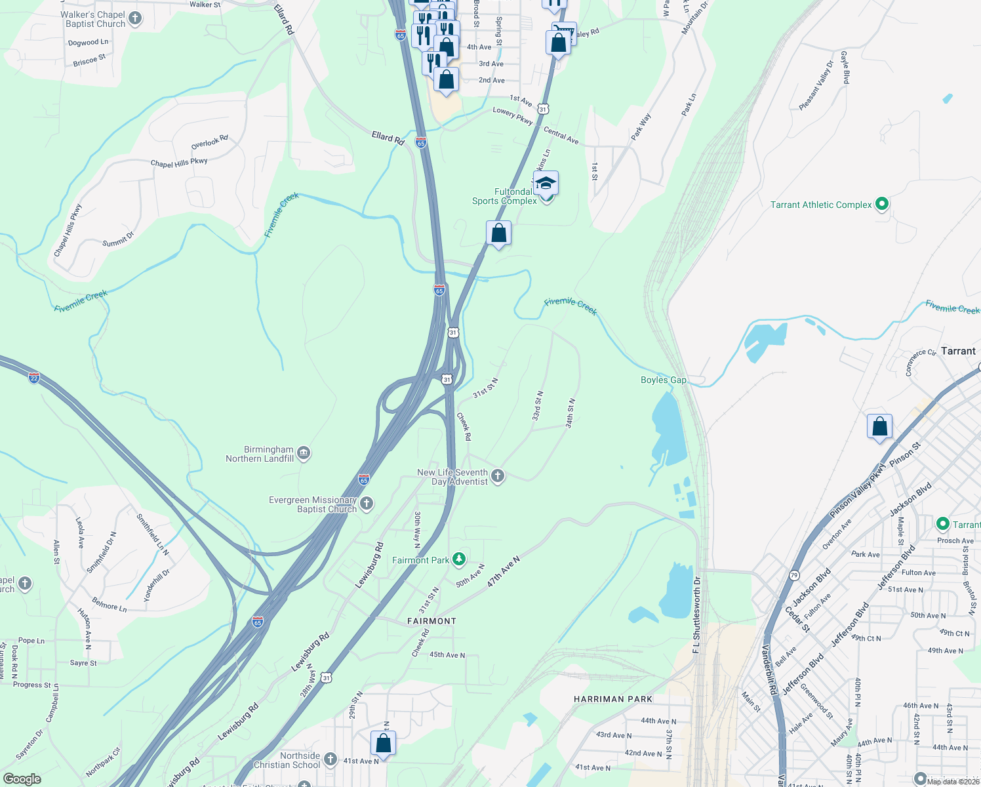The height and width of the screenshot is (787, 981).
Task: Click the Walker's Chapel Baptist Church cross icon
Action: (x=135, y=18)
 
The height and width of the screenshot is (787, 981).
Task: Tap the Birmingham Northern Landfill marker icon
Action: (x=303, y=453)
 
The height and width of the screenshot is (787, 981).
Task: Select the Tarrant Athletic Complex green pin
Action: (x=882, y=204)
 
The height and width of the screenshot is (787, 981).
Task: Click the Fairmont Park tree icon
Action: (x=460, y=559)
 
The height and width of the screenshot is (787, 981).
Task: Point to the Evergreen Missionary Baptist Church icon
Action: (x=367, y=504)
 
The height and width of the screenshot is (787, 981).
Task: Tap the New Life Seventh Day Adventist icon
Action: (x=498, y=476)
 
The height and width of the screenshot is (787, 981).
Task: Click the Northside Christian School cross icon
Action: (x=330, y=759)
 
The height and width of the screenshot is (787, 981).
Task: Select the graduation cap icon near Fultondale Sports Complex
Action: (x=546, y=184)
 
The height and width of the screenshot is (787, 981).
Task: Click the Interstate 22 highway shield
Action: (x=34, y=378)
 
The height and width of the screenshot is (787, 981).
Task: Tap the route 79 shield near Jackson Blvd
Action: (x=794, y=575)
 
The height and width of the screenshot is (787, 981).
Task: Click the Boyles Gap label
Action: (x=663, y=380)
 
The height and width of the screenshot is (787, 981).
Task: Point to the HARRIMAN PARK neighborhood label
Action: (x=612, y=699)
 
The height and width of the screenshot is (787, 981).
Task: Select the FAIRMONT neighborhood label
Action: (x=431, y=620)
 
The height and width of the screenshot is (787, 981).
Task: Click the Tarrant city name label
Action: (x=958, y=351)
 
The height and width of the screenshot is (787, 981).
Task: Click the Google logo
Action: (x=22, y=779)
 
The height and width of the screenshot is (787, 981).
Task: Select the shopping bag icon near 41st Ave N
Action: (x=384, y=744)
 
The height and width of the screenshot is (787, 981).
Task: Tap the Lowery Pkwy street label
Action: (x=513, y=116)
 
